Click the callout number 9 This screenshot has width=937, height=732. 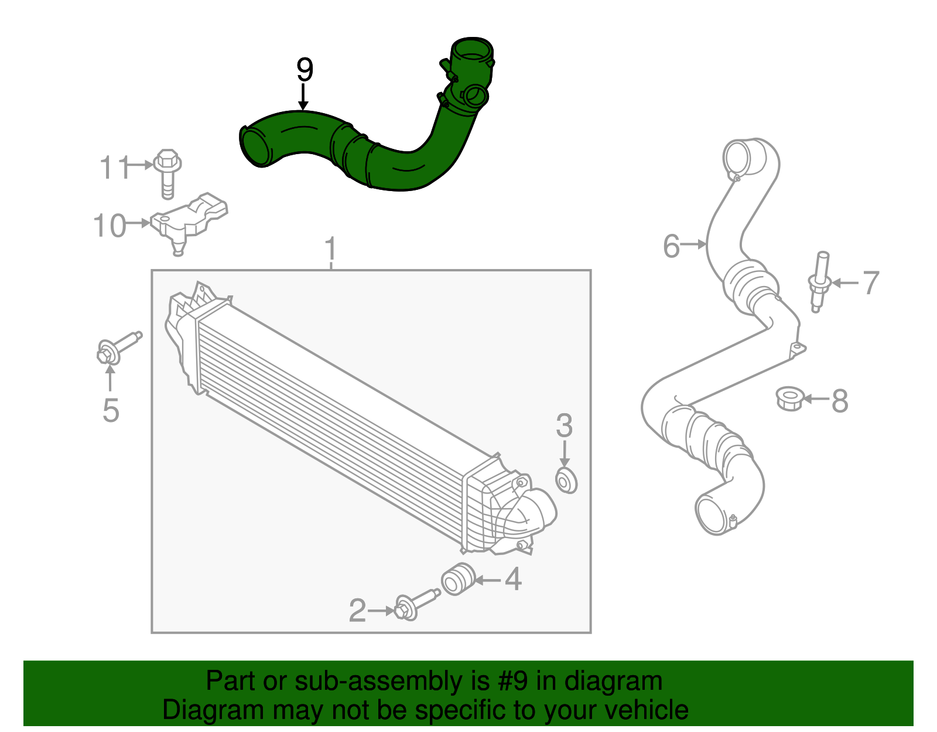(304, 70)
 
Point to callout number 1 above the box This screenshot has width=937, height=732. (331, 249)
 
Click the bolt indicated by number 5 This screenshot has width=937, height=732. (117, 348)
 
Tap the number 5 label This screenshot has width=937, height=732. (111, 410)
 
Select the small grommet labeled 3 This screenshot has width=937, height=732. (566, 481)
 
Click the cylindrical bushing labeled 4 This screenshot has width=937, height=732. (457, 579)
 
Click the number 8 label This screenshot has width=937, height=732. (840, 401)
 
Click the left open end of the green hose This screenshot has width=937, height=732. (255, 147)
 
